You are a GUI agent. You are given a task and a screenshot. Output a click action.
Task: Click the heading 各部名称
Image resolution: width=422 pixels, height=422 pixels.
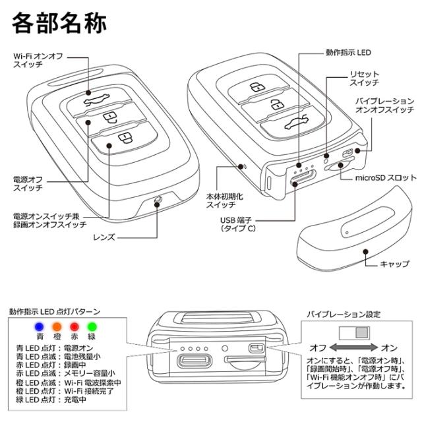[x=59, y=25]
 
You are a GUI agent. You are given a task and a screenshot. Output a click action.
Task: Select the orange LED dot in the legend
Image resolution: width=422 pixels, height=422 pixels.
[x=57, y=325]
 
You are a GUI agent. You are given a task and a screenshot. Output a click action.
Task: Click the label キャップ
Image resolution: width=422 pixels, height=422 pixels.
[x=394, y=264]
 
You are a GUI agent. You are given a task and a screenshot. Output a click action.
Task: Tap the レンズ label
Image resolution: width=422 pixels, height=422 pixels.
[x=106, y=235]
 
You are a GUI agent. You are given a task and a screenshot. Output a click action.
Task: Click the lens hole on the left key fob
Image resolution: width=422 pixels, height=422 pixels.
[x=157, y=202]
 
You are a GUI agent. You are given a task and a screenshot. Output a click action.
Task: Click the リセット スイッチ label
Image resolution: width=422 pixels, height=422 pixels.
[x=363, y=79]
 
